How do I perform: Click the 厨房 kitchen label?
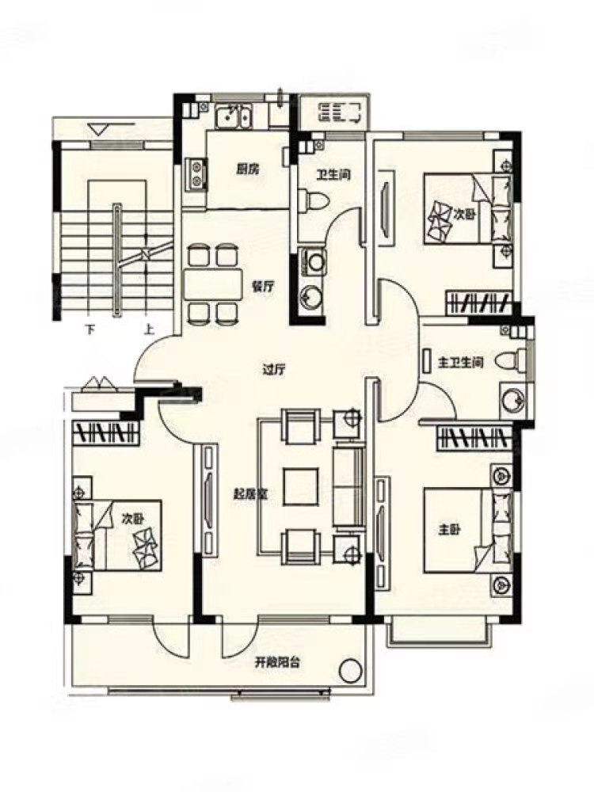[x=247, y=169]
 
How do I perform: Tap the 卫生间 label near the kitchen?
[x=333, y=175]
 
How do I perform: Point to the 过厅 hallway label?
[x=274, y=370]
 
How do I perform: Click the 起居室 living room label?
[x=250, y=494]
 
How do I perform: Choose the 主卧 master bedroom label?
[x=449, y=531]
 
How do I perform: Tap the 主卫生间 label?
[x=461, y=363]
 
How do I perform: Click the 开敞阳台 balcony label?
[x=277, y=662]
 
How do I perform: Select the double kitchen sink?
[x=233, y=116]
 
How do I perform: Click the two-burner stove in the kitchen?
[x=196, y=175]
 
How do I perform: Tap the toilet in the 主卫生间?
[x=509, y=361]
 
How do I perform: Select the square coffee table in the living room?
[x=301, y=487]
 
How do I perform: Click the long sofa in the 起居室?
[x=348, y=486]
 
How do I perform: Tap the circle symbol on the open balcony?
[x=351, y=672]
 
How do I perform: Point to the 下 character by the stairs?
[x=90, y=330]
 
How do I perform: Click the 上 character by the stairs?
[x=149, y=330]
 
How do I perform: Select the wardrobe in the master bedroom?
[x=473, y=438]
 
